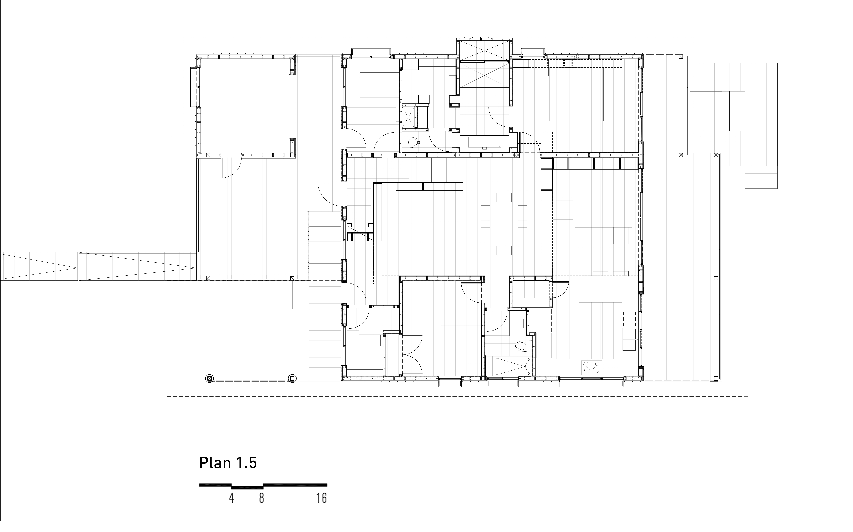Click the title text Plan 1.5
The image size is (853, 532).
click(228, 463)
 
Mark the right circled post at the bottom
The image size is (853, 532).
click(292, 379)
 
